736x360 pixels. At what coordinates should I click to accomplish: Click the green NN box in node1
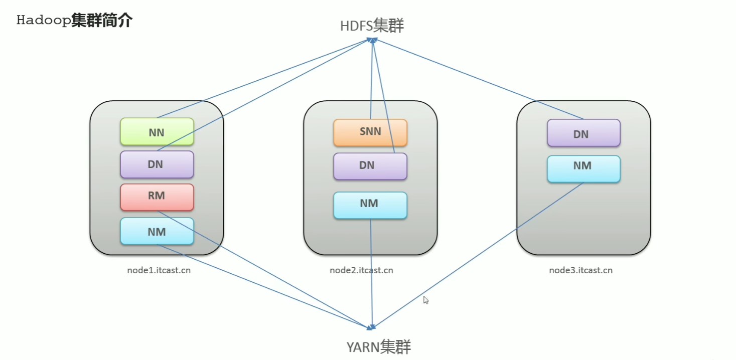tap(157, 132)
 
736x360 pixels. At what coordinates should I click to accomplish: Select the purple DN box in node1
tap(157, 164)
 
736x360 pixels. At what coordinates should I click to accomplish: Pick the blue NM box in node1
tap(157, 231)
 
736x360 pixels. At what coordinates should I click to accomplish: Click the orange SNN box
tap(370, 132)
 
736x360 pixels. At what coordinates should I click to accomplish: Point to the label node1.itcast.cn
tap(159, 270)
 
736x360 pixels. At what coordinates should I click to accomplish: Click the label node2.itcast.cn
tap(361, 270)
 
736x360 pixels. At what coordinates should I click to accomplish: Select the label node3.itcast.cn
tap(580, 270)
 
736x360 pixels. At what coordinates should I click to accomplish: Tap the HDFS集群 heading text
tap(372, 26)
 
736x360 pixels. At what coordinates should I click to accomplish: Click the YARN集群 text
tap(378, 346)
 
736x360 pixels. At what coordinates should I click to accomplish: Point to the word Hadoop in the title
tap(44, 21)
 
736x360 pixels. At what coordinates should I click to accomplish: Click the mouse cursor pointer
tap(425, 300)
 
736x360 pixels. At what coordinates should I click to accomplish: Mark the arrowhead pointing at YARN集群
tap(372, 327)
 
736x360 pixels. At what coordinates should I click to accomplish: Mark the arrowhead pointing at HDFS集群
tap(373, 41)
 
